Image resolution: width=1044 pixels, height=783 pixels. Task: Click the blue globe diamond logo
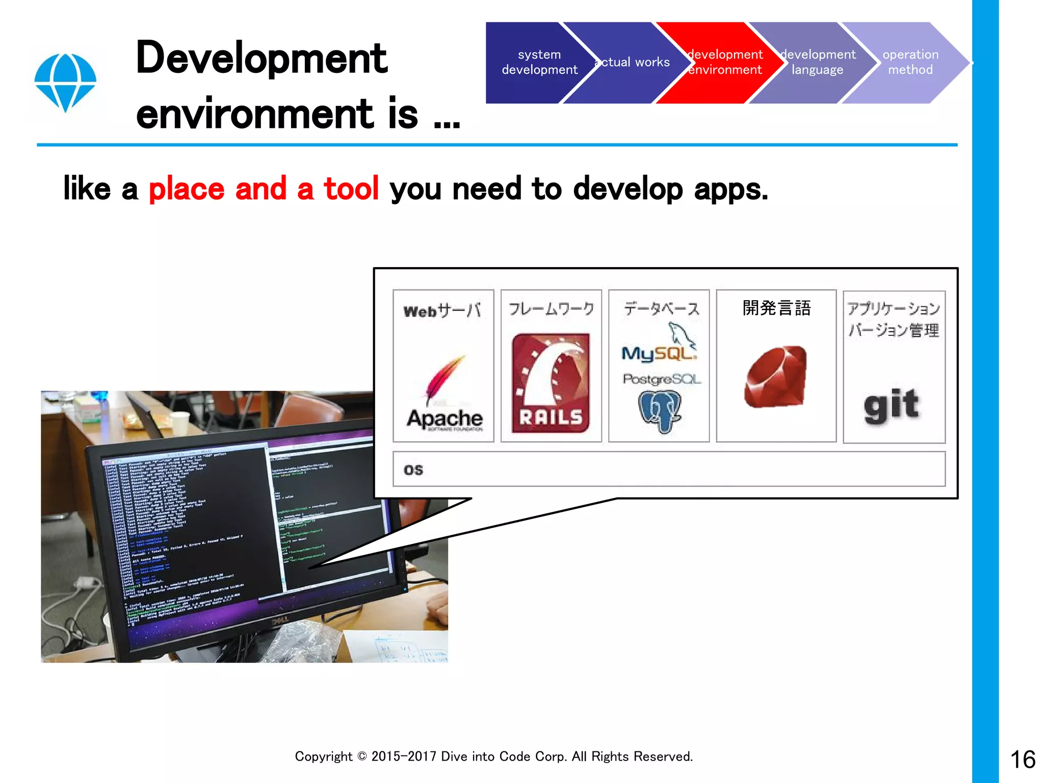click(65, 82)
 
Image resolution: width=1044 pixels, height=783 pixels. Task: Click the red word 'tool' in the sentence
click(351, 189)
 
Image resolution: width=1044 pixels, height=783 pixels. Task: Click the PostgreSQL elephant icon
click(660, 411)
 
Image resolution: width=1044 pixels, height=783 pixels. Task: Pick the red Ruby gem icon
click(776, 376)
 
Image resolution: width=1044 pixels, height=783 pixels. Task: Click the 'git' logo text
click(892, 405)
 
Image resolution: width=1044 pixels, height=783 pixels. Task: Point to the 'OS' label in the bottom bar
click(413, 469)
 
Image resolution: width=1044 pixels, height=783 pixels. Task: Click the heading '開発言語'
click(776, 308)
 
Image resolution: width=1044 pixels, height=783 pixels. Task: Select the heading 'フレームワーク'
click(551, 308)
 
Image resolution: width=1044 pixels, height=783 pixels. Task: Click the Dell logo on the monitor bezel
click(279, 620)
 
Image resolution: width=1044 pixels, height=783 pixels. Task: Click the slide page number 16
click(1023, 760)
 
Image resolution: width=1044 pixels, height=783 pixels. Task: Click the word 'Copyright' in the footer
click(323, 756)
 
